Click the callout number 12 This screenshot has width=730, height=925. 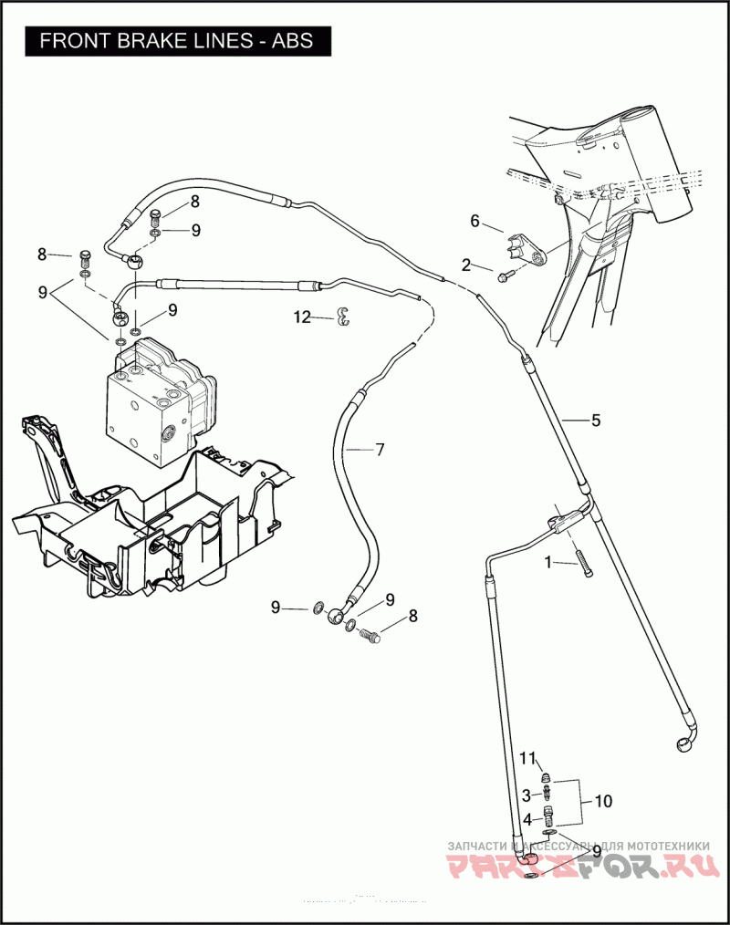[x=302, y=317]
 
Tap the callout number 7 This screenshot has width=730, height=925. [x=380, y=449]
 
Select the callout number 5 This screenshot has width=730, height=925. [x=595, y=421]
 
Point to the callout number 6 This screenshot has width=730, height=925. [x=474, y=221]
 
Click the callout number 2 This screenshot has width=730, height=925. [x=465, y=265]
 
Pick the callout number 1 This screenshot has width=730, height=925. [x=548, y=563]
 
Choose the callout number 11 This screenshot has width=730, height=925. [x=527, y=759]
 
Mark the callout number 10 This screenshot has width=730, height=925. [x=603, y=802]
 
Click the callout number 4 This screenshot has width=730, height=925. [x=527, y=820]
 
